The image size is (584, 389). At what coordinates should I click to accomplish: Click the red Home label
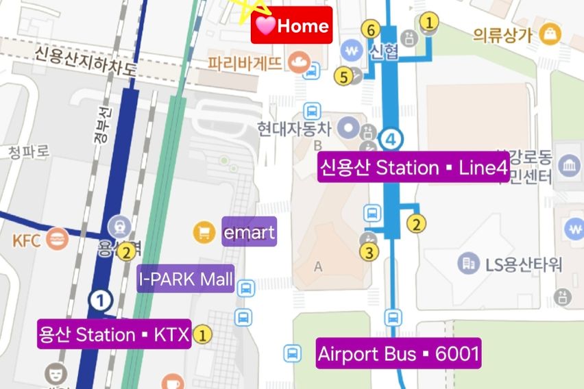point(291,26)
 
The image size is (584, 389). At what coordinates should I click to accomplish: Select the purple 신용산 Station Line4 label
point(413,168)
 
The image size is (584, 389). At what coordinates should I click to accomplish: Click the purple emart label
point(249,233)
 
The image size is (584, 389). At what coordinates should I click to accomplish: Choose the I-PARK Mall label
point(186,279)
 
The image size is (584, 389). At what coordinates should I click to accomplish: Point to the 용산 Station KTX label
point(114,335)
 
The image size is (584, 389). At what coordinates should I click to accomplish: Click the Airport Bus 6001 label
point(398,354)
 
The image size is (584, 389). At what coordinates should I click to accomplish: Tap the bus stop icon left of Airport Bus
point(293,353)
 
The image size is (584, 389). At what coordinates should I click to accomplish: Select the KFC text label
point(27,240)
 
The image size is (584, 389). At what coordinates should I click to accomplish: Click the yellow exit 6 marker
point(371,30)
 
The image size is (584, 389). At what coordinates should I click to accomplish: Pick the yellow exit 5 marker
point(343,76)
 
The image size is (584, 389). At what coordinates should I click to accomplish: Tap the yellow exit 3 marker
point(369,253)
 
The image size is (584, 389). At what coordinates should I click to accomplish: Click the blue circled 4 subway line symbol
point(391,139)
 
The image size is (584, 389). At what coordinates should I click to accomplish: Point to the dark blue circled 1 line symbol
point(101,299)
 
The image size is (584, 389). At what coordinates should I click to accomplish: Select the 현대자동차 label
point(293,128)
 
